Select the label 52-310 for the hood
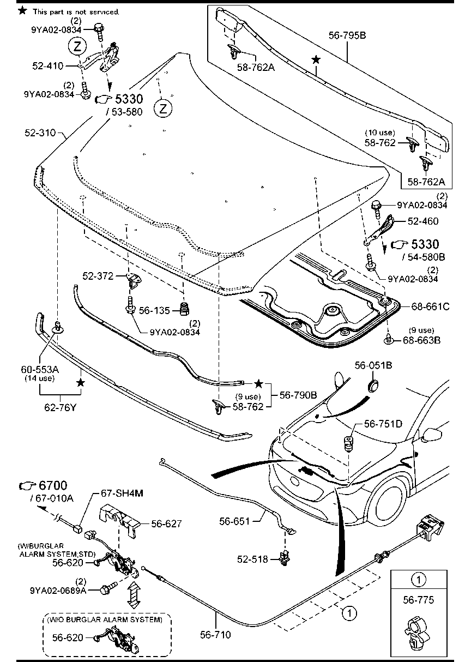[x=41, y=133]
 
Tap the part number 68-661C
[x=430, y=307]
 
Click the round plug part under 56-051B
[x=373, y=386]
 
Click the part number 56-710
[x=215, y=634]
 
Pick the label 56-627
[x=166, y=523]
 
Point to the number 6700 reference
[x=44, y=485]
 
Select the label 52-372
[x=98, y=276]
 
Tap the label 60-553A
[x=39, y=369]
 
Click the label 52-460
[x=423, y=221]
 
